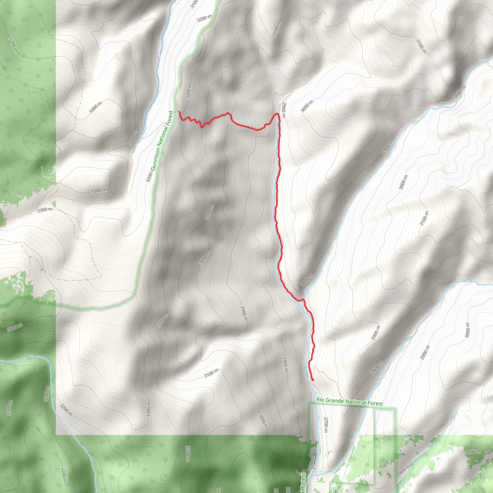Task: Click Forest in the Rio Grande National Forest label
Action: [375, 403]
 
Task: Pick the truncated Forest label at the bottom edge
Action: [303, 483]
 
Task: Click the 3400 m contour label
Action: [15, 327]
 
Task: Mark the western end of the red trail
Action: [179, 112]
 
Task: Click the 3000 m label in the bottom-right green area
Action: [473, 452]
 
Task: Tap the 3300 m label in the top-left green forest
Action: [13, 45]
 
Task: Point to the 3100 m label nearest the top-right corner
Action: [421, 46]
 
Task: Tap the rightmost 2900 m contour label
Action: [425, 352]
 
